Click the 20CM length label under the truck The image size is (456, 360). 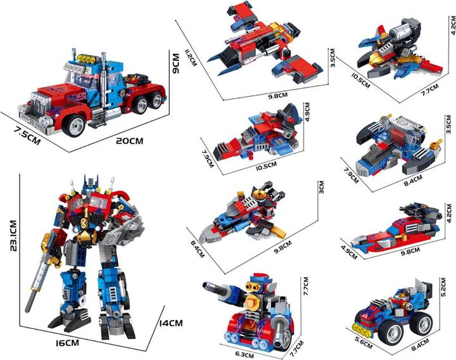(x=129, y=141)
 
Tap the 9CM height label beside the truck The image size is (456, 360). (x=176, y=63)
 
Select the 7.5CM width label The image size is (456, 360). (x=27, y=135)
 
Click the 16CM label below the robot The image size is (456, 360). (x=67, y=343)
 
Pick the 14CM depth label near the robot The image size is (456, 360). (x=171, y=323)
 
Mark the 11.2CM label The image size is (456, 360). (x=191, y=58)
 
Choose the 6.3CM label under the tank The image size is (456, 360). (x=244, y=355)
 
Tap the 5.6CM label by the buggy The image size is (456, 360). (x=364, y=342)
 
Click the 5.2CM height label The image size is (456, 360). (x=443, y=287)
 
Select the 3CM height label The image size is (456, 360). (x=321, y=187)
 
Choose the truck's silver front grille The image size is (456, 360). (x=38, y=107)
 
